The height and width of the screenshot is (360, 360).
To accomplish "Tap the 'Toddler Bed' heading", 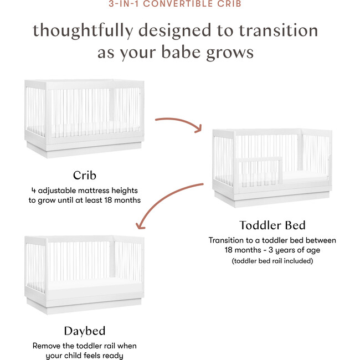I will coord(272,225).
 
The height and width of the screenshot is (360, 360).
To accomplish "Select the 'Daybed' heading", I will coord(84,331).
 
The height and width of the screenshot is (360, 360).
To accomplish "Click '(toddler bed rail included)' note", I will coord(272,260).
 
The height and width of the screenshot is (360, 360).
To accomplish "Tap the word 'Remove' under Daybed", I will coord(48,346).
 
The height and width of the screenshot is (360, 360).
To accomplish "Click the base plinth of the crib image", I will coord(84,150).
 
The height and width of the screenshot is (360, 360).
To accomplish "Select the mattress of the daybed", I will coord(84,284).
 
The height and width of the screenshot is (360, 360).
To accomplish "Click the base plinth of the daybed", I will coord(84,307).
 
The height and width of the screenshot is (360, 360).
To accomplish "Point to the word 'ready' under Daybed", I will coord(112,356).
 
